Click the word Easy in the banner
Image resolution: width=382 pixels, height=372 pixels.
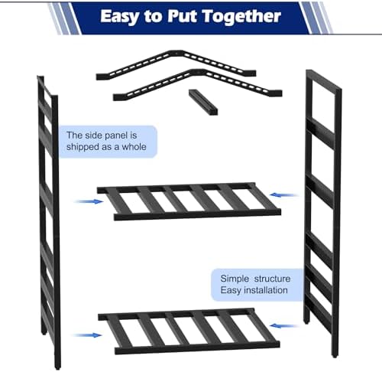[x=120, y=17]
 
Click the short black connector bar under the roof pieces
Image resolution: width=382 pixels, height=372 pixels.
[x=203, y=102]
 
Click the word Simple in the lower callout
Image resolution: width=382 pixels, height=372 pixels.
[x=235, y=279]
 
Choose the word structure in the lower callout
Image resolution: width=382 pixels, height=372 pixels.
[x=272, y=279]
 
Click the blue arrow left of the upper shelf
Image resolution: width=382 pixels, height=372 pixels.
[x=89, y=201]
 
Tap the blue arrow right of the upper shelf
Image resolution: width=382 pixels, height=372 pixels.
[x=284, y=195]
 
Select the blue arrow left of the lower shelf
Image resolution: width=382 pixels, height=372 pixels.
[x=88, y=335]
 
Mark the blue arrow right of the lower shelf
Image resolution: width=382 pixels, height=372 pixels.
[x=284, y=326]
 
